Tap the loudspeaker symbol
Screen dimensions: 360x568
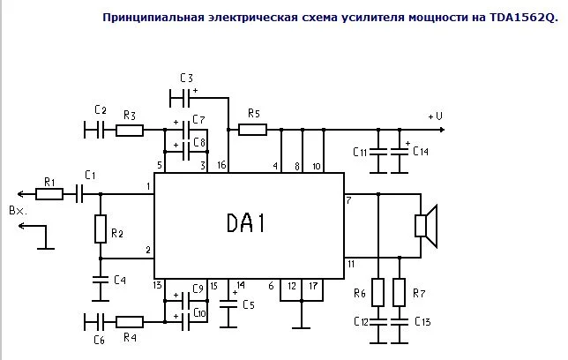tap(425, 225)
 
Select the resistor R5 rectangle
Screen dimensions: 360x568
tap(252, 131)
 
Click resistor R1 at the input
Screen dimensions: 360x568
tap(49, 193)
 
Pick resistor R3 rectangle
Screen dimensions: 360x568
tap(129, 131)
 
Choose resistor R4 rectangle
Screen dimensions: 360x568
tap(129, 322)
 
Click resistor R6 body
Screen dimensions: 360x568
tap(377, 291)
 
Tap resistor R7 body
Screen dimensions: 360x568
tap(399, 291)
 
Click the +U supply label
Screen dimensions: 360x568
tap(434, 116)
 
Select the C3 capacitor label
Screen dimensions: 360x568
tap(185, 79)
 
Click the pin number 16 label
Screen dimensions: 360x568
tap(221, 165)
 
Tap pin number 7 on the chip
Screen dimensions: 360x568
tap(348, 201)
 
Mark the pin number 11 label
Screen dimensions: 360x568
tap(350, 264)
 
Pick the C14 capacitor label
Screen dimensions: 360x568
tap(420, 152)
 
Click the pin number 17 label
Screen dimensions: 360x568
tap(313, 285)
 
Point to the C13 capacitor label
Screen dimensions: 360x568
tap(422, 321)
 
